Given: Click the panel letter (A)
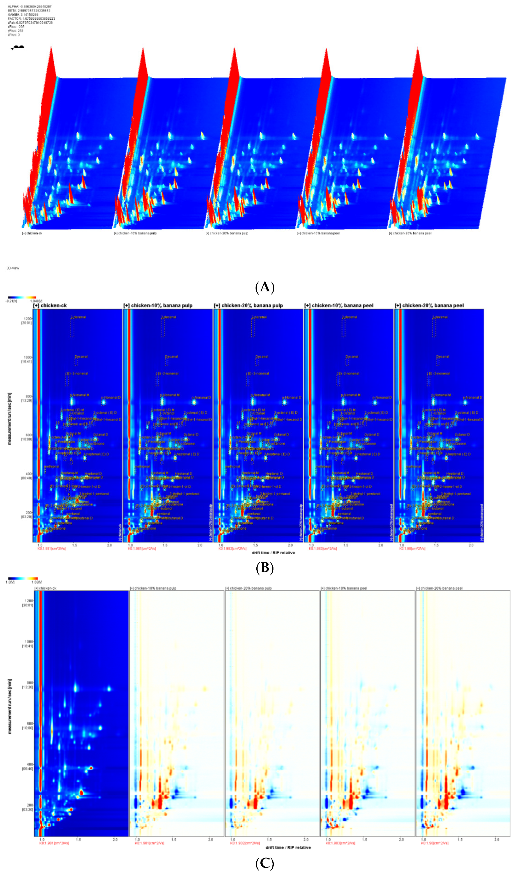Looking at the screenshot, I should point(265,287).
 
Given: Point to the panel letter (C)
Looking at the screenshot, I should point(265,863).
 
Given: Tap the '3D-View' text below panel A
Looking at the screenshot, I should point(13,268).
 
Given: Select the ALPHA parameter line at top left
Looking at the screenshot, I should point(30,7).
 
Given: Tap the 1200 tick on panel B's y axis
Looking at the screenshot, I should point(27,318).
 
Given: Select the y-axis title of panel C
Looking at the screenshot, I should point(10,707).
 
